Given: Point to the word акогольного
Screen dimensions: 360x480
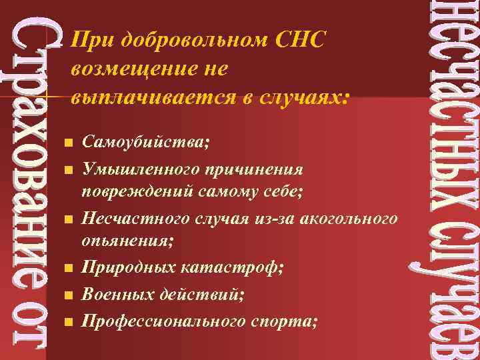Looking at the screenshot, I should (349, 219).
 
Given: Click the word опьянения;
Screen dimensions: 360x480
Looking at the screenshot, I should (127, 241).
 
